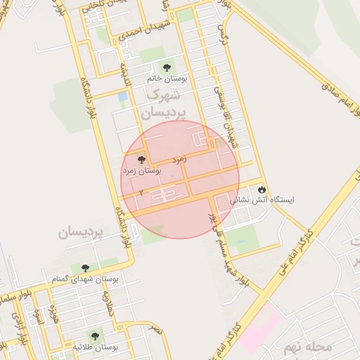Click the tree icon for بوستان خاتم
click(x=167, y=67)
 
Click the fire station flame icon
click(x=262, y=189)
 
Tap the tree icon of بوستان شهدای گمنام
click(x=85, y=268)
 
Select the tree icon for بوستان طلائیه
click(x=94, y=336)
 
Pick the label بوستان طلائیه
click(x=95, y=347)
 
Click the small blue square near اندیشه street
click(x=124, y=96)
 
